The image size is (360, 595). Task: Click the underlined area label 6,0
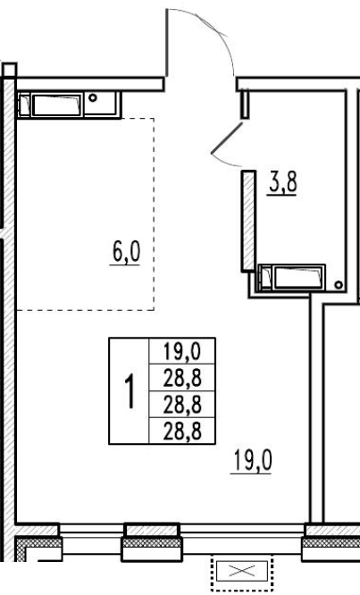click(126, 253)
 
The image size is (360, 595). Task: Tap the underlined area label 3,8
click(282, 183)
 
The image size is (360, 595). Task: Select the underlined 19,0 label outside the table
click(252, 461)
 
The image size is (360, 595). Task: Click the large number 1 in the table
click(130, 390)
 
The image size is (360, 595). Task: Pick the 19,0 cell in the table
click(182, 351)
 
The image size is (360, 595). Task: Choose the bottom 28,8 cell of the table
click(182, 432)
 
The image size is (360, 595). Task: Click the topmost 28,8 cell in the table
click(182, 378)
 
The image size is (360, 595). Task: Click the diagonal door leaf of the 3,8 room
click(227, 138)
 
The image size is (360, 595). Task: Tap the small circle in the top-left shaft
click(93, 98)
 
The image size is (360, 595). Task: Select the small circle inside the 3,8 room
click(339, 285)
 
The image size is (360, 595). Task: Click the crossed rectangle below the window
click(242, 570)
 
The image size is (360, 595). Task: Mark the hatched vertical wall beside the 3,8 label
click(248, 221)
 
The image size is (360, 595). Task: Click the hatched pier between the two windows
click(152, 542)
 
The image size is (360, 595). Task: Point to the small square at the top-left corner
click(9, 71)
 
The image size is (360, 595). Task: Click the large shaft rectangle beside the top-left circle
click(56, 105)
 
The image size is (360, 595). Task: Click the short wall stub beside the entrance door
click(245, 104)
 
